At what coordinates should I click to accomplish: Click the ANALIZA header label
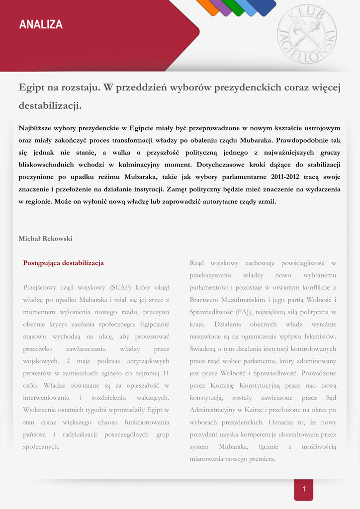point(41,25)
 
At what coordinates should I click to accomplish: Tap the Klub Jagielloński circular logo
point(306,34)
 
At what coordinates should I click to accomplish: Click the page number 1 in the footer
point(304,490)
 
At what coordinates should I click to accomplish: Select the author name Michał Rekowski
point(45,239)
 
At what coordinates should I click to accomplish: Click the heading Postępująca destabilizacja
point(63,263)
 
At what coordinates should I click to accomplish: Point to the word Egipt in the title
point(31,88)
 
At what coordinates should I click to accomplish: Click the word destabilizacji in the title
point(50,106)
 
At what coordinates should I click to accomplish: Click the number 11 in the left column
point(166,373)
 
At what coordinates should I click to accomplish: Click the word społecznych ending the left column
point(41,447)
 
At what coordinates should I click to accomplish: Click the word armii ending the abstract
point(266,202)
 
